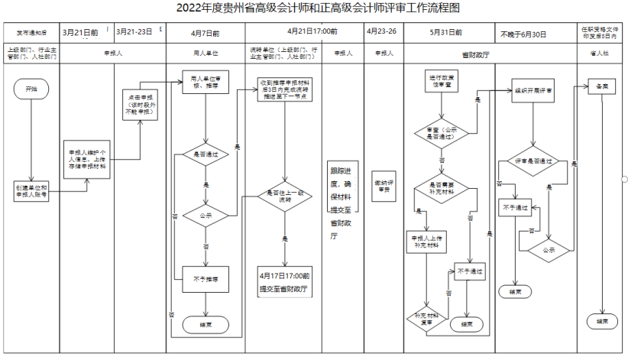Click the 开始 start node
coord(31,89)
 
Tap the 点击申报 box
coord(140,104)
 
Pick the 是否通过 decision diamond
coord(206,154)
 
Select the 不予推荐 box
coord(206,280)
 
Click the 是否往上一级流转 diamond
coord(283,196)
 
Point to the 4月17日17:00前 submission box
coord(283,281)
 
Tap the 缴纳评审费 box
coord(383,186)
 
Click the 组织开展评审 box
coord(534,90)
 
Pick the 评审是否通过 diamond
coord(534,162)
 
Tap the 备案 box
coord(602,87)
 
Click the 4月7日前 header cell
coord(206,34)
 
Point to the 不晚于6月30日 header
coord(523,34)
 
